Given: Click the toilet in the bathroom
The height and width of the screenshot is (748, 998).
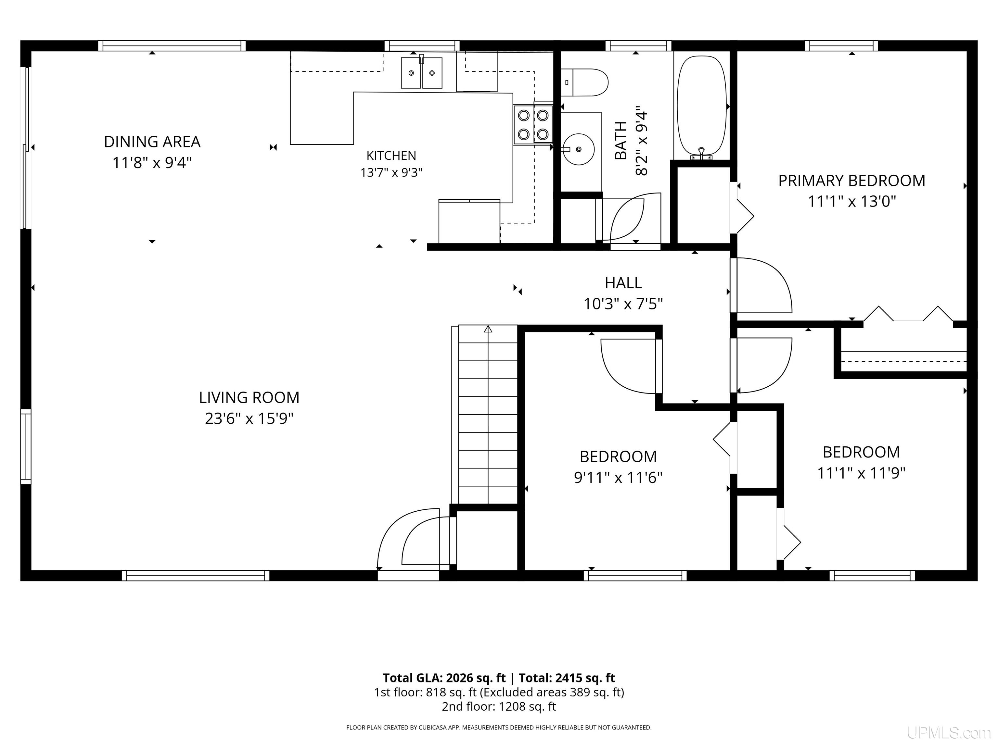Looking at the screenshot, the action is coord(585,82).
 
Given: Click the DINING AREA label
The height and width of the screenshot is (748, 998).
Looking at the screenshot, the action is coord(152,142).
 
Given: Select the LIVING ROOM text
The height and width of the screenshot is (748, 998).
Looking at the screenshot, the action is coord(249,397).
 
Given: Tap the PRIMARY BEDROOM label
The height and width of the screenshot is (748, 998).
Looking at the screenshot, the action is coord(852,181).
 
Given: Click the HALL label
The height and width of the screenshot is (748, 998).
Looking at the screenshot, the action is coord(623,283).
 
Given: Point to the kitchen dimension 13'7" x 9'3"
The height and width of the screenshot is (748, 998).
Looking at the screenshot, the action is coord(391,173).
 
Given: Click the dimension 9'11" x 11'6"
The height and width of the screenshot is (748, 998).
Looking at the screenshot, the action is coord(618,477).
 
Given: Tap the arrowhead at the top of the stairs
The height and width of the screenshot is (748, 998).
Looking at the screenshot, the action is coord(488,329).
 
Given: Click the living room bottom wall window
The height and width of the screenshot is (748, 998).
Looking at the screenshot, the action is coord(195,575).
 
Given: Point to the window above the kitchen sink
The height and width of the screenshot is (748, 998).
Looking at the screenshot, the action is coord(422,45).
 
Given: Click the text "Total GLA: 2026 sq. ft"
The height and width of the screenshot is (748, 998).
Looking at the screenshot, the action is coord(444,678).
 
